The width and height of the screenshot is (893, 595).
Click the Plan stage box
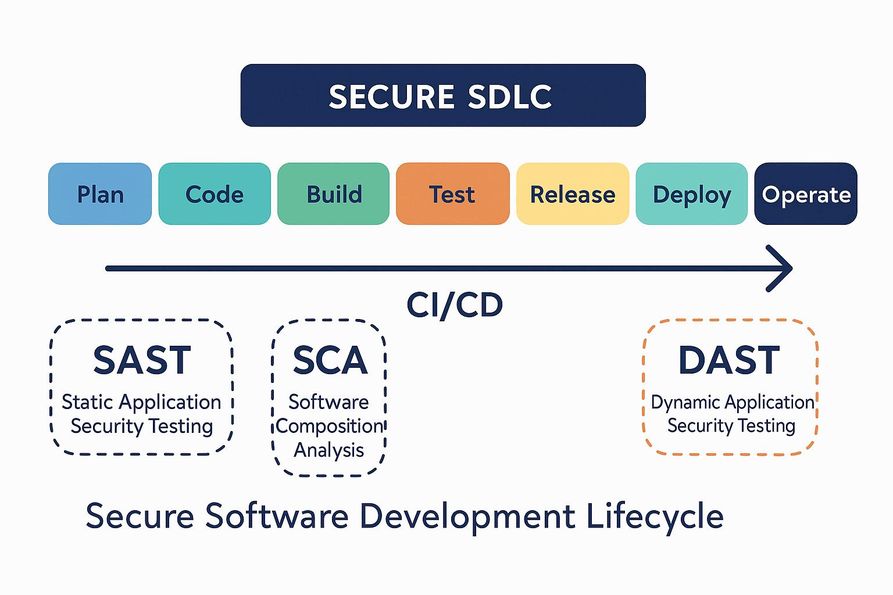click(x=100, y=193)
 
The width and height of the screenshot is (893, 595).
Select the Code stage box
click(x=215, y=193)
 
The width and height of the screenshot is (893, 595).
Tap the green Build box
click(x=333, y=193)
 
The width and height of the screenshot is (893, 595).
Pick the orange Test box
click(x=453, y=193)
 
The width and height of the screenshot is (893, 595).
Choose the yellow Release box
click(x=573, y=193)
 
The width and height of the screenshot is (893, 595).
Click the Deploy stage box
click(x=692, y=193)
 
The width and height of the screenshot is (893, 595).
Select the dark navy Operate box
click(x=806, y=193)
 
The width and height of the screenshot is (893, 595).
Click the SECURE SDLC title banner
click(x=443, y=95)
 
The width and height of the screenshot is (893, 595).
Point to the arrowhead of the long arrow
click(x=791, y=268)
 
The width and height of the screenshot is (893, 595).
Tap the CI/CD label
click(x=455, y=305)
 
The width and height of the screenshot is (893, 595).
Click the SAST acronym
click(x=142, y=360)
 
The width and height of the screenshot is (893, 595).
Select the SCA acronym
click(x=330, y=360)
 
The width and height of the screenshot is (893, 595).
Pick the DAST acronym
click(x=729, y=360)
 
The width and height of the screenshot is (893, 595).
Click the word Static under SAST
click(x=87, y=402)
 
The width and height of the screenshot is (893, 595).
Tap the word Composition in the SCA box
click(x=329, y=426)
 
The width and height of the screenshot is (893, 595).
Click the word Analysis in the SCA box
click(x=329, y=450)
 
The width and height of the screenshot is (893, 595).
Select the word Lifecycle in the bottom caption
click(x=655, y=517)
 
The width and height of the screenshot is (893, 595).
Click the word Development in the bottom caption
click(x=467, y=517)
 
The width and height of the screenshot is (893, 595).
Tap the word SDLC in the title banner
click(x=510, y=96)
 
